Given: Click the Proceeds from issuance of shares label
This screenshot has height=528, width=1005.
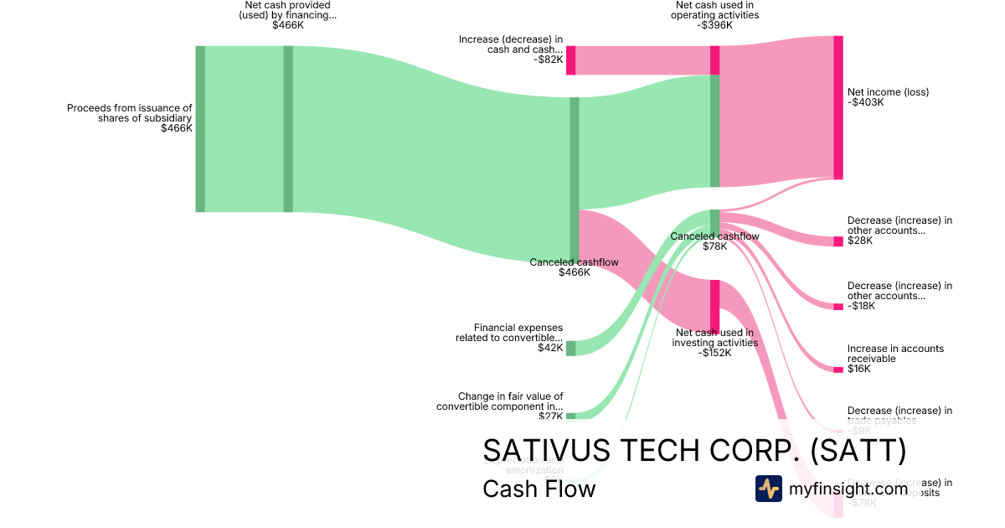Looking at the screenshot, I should pyautogui.click(x=130, y=118).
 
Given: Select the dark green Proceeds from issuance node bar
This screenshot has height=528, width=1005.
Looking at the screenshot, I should pyautogui.click(x=200, y=128).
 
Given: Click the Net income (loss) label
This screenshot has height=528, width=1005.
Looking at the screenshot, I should pyautogui.click(x=888, y=97).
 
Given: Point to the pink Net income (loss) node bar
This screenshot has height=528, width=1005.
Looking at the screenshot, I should pyautogui.click(x=837, y=107).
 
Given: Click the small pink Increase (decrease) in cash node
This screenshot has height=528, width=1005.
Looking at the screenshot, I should pyautogui.click(x=570, y=60).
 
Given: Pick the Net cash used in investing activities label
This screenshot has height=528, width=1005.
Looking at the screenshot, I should pyautogui.click(x=716, y=343).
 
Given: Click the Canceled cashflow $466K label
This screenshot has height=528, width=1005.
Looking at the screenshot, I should pyautogui.click(x=575, y=267).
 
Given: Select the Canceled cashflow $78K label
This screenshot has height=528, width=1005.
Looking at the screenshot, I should pyautogui.click(x=714, y=241).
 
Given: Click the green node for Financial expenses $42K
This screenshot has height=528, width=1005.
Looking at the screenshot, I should pyautogui.click(x=570, y=348).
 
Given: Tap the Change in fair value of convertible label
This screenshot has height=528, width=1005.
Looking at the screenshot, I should pyautogui.click(x=500, y=401).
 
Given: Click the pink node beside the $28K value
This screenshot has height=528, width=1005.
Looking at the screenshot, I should pyautogui.click(x=837, y=241).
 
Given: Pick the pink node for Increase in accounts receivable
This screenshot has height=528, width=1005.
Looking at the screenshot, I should pyautogui.click(x=837, y=370).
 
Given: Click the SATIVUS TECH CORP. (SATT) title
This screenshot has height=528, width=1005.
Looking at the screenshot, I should pyautogui.click(x=694, y=451).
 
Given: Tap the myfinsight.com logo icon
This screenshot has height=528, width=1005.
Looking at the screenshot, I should pyautogui.click(x=768, y=489).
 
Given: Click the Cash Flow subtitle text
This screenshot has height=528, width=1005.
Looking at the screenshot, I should pyautogui.click(x=539, y=489).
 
